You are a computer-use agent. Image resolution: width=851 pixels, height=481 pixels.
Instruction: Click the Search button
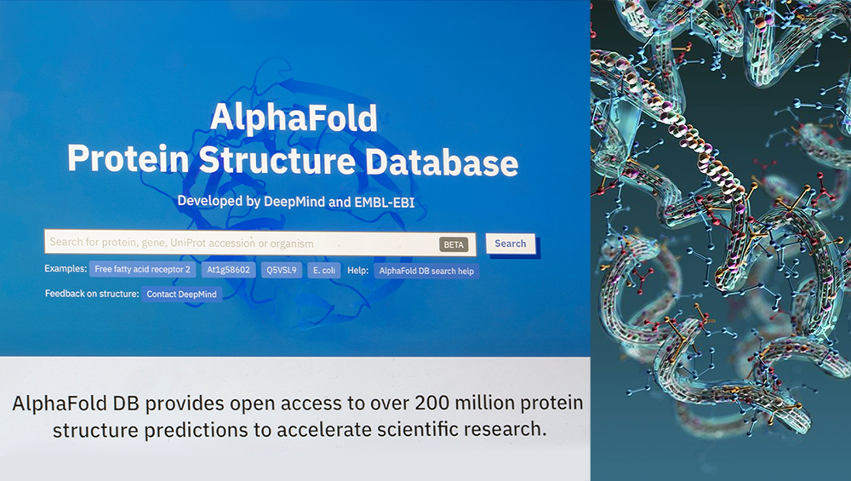pos(511,243)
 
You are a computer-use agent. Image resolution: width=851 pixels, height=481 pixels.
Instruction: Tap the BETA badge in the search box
pos(454,244)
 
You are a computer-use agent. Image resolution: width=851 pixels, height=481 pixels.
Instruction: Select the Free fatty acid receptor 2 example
pos(144,270)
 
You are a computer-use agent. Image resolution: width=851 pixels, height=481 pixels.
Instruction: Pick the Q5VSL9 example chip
pos(278,270)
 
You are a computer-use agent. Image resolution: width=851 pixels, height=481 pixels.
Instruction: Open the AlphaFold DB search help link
pos(426,271)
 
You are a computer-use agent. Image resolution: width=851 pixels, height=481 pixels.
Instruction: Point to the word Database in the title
pos(443,161)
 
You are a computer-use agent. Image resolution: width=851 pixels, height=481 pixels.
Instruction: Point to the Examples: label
pos(66,270)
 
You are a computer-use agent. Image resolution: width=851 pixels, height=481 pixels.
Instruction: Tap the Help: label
pos(357,270)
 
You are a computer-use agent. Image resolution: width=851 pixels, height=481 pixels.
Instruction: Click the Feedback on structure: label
pos(92,294)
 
